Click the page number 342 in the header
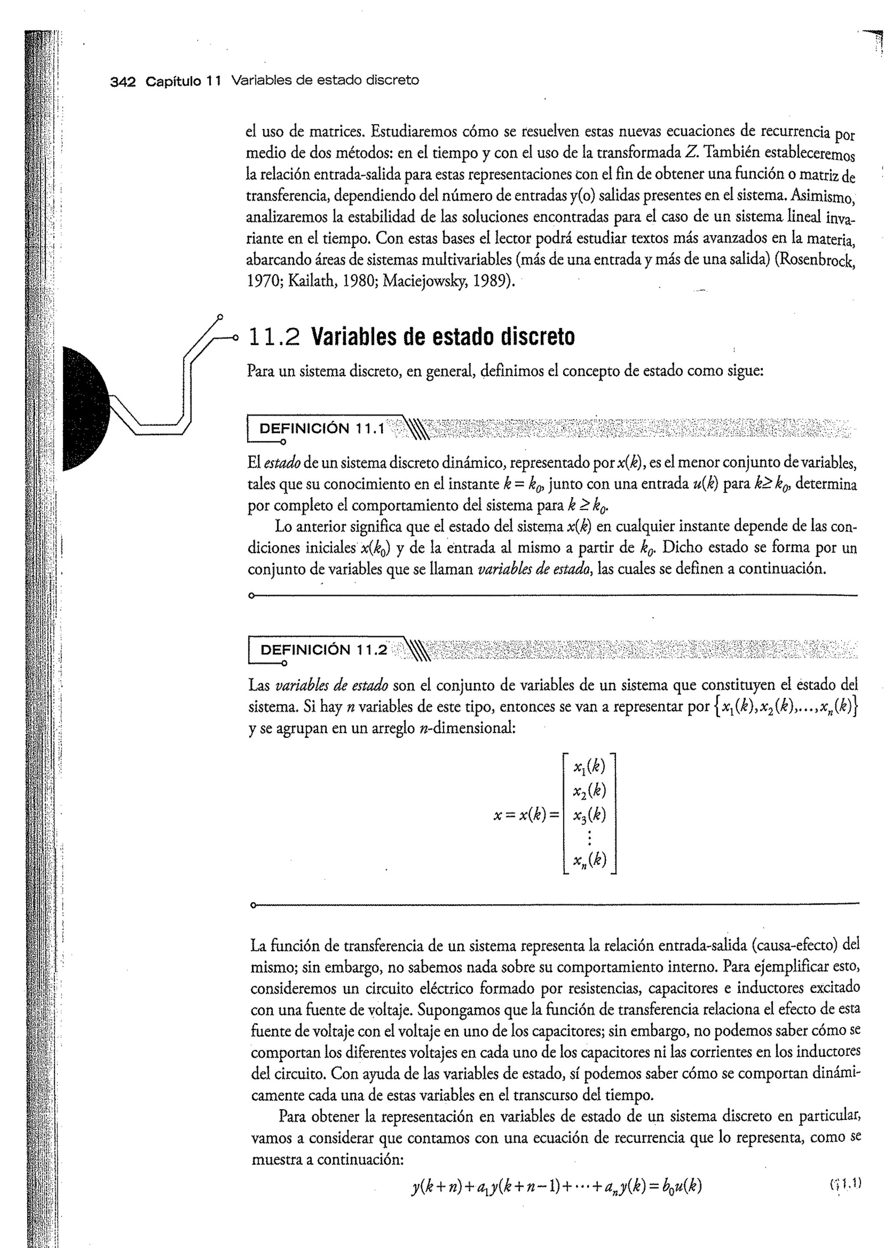pyautogui.click(x=122, y=81)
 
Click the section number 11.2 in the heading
pyautogui.click(x=274, y=337)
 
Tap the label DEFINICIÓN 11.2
pyautogui.click(x=323, y=649)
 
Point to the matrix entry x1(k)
pyautogui.click(x=589, y=767)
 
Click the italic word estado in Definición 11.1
pyautogui.click(x=281, y=463)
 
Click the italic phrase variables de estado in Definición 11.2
pyautogui.click(x=331, y=685)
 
